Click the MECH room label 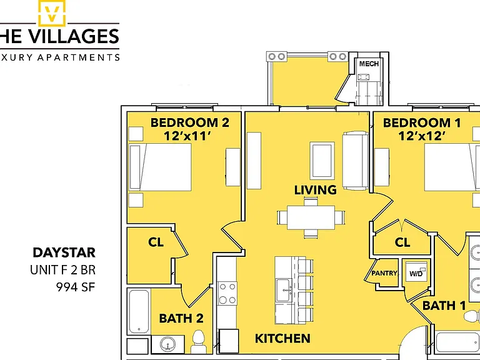click(369, 64)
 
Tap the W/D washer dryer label click(416, 274)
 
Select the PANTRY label click(384, 273)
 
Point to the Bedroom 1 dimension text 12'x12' click(421, 136)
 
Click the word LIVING click(315, 190)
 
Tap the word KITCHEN click(282, 339)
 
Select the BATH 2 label click(181, 318)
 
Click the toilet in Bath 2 click(198, 342)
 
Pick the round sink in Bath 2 click(167, 344)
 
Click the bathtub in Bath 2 click(139, 311)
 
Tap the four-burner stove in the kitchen click(227, 293)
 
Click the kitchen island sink click(283, 290)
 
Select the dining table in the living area click(311, 217)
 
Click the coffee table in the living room click(322, 161)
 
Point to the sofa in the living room click(356, 161)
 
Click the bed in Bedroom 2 click(160, 167)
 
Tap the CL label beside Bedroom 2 click(156, 242)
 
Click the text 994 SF click(76, 287)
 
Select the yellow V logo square click(52, 12)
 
